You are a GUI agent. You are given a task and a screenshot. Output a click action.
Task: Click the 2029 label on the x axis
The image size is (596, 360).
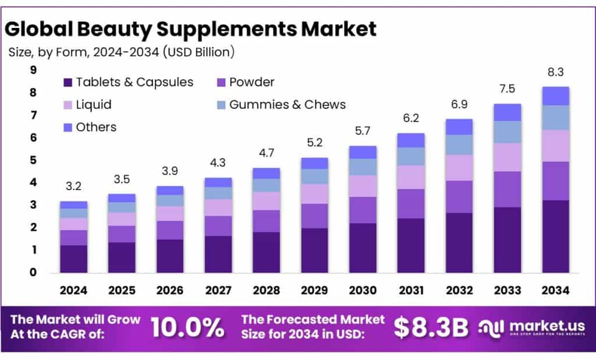(x=314, y=290)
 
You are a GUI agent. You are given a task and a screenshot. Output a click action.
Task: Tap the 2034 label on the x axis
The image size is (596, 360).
(x=555, y=290)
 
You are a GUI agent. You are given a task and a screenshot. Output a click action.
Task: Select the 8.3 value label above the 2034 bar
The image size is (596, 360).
(x=555, y=73)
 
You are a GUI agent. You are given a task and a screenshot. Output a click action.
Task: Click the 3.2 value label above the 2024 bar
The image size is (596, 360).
(x=74, y=187)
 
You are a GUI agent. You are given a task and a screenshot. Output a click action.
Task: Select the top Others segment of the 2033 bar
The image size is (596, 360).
(x=507, y=112)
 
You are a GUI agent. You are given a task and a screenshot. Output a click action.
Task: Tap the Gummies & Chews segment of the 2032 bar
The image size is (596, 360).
(x=459, y=144)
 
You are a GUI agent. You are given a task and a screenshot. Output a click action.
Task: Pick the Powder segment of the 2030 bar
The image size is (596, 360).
(x=363, y=210)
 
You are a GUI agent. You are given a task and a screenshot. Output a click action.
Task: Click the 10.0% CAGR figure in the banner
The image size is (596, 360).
(x=187, y=327)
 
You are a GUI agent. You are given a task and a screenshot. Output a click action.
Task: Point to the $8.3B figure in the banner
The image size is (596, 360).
(x=431, y=327)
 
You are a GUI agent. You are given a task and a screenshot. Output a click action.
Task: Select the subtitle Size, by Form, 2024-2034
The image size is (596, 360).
(x=121, y=52)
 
